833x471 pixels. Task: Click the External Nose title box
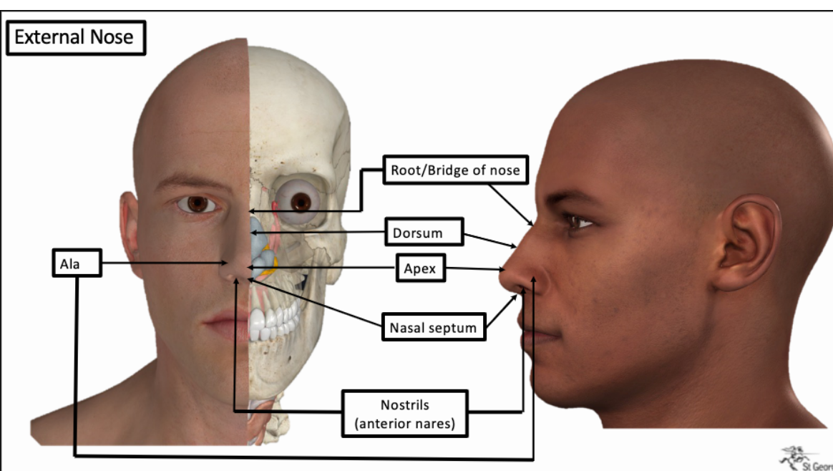[75, 38]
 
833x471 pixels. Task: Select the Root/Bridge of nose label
[455, 170]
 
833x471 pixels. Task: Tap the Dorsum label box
[417, 233]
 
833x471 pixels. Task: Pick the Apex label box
[420, 269]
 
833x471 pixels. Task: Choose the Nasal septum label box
[433, 328]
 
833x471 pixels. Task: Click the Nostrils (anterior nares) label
[405, 413]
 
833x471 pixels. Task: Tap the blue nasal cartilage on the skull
[258, 240]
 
